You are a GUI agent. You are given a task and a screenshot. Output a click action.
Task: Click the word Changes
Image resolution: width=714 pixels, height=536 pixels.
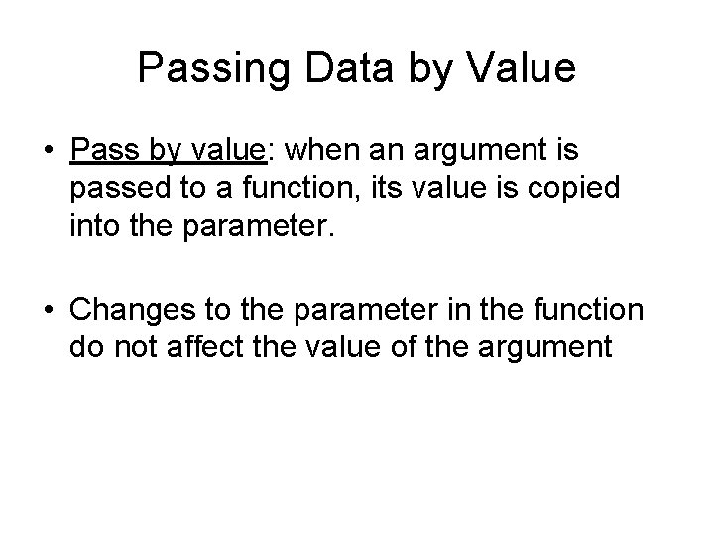(131, 311)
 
